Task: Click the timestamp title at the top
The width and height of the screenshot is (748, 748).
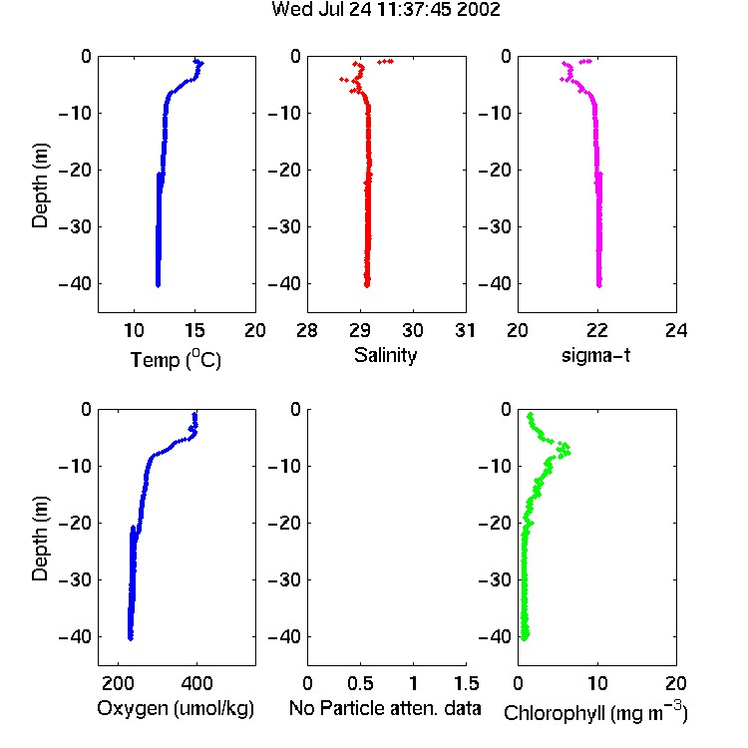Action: tap(385, 10)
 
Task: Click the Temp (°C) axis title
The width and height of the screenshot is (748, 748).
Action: tap(176, 359)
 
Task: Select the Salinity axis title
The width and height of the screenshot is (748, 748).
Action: tap(385, 355)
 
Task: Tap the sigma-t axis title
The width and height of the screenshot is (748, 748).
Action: tap(595, 355)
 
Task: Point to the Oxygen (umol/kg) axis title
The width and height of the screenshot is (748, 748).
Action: tap(176, 708)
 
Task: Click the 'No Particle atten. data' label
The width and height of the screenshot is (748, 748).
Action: tap(385, 708)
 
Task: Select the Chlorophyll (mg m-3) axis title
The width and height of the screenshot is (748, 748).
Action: tap(595, 712)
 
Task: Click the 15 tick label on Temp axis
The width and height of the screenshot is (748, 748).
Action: tap(194, 330)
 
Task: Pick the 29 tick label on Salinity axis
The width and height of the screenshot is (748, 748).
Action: tap(360, 330)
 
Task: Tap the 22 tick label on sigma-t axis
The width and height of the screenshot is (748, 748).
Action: tap(597, 330)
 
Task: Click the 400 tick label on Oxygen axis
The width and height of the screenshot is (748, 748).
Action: tap(196, 683)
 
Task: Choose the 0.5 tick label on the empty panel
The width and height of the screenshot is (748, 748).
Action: tap(360, 683)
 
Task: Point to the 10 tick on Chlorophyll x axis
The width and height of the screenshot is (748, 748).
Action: tap(597, 683)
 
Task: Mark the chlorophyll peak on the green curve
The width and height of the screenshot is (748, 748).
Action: tap(566, 450)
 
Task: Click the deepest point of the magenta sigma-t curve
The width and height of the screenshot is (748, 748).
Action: tap(599, 285)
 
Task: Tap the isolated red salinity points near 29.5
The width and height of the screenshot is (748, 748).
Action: tap(385, 62)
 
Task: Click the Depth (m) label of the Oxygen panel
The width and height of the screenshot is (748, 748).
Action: tap(40, 539)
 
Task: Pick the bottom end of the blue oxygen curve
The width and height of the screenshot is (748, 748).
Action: tap(131, 638)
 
